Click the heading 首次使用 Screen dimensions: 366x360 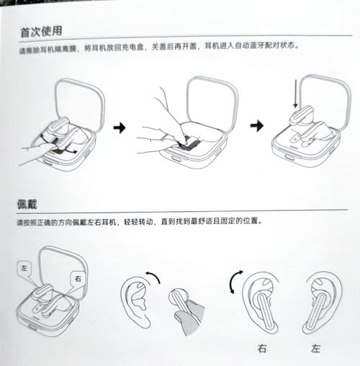pos(41,32)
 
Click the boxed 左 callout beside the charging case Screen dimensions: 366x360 pos(26,267)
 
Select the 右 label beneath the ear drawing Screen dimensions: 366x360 pos(261,349)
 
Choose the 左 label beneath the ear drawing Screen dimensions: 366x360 pos(316,349)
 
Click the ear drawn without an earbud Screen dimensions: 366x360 pos(135,303)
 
